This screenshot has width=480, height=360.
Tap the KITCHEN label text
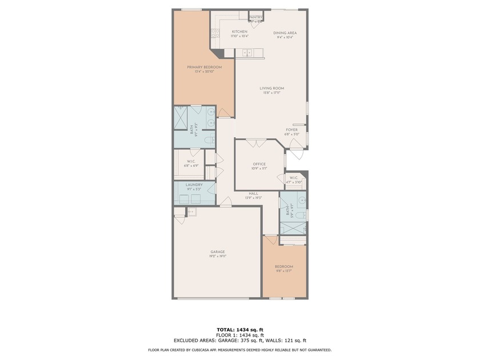point(239,31)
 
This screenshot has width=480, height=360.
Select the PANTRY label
point(256,17)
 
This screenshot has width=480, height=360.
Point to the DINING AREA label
point(285,33)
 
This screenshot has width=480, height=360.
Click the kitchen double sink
point(247,53)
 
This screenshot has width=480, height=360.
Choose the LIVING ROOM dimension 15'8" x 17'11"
point(272,93)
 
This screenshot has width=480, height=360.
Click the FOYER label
point(292,130)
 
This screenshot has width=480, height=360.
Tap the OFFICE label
point(259,164)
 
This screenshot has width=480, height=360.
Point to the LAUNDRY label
point(194,185)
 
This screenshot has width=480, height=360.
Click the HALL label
point(253,194)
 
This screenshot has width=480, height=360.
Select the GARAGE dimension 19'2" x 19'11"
point(217,257)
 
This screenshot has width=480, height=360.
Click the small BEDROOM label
point(284,267)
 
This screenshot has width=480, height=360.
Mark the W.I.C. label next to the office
point(294,178)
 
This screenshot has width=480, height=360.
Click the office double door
point(256,141)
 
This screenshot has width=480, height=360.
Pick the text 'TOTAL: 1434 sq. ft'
point(239,330)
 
